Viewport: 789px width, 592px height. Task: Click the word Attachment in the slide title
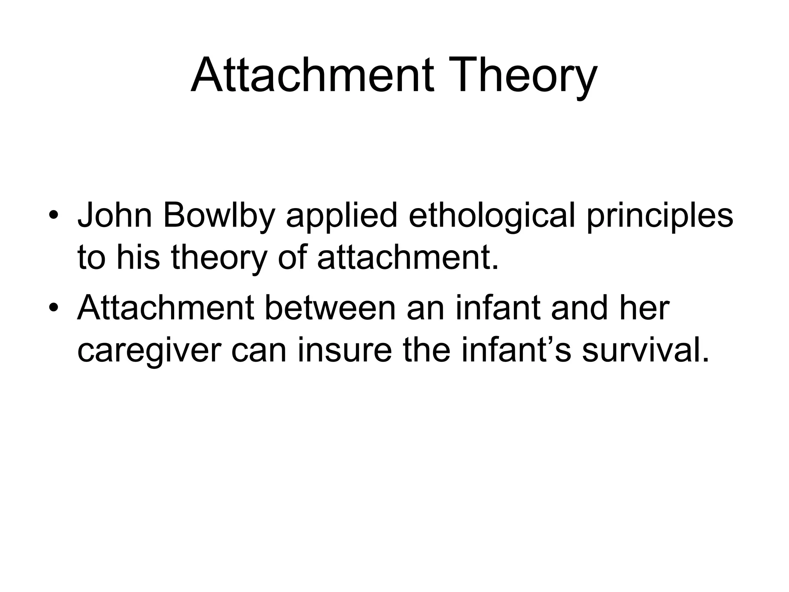(x=312, y=75)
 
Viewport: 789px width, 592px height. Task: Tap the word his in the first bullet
(x=138, y=257)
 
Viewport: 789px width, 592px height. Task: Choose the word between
(x=331, y=308)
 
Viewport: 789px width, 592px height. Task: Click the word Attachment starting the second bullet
(x=165, y=308)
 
